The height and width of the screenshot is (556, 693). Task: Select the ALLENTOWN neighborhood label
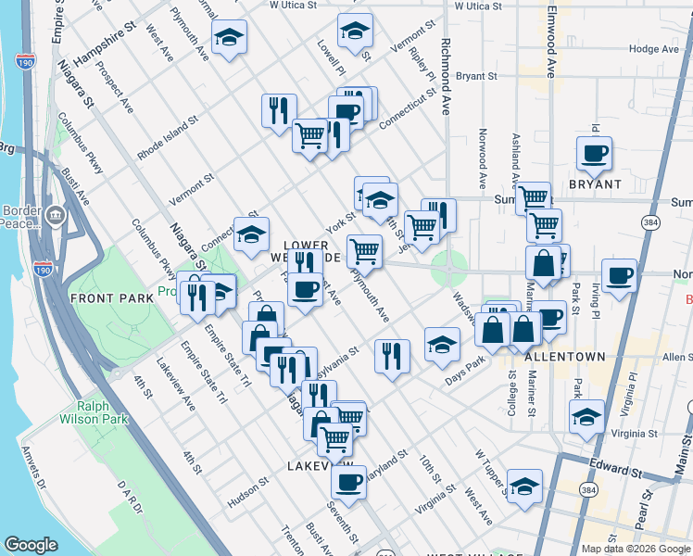click(564, 357)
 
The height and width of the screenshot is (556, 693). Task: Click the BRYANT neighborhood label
click(595, 184)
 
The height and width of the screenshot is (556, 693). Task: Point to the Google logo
click(31, 545)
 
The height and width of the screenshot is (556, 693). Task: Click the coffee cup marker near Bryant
click(594, 154)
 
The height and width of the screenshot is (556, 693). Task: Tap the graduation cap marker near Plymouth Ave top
click(229, 38)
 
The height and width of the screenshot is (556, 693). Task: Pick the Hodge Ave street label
click(654, 49)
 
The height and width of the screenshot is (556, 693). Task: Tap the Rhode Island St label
click(169, 138)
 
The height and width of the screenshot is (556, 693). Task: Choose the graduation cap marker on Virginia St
click(586, 417)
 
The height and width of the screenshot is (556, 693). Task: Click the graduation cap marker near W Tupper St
click(523, 486)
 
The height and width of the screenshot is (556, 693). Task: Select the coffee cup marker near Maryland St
click(349, 482)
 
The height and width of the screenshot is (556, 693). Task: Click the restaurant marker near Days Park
click(392, 356)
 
